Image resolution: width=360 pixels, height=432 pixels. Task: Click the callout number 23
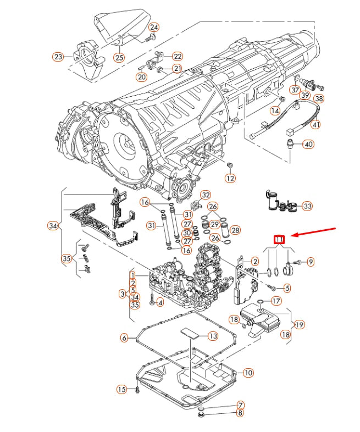[x=58, y=56]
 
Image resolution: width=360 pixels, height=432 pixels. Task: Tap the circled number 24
[x=154, y=27]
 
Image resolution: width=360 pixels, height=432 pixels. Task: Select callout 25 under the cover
[x=119, y=57]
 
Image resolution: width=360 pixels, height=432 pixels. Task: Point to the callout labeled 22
[x=177, y=56]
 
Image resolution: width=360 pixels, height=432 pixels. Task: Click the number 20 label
[x=142, y=77]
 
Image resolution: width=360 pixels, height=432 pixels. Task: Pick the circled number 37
[x=296, y=90]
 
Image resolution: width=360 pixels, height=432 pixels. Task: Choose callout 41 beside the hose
[x=315, y=125]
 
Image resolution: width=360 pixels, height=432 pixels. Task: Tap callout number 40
[x=308, y=145]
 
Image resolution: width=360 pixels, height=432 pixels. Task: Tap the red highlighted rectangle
[x=280, y=239]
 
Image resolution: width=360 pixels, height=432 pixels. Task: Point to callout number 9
[x=311, y=262]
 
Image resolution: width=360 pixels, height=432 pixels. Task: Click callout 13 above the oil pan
[x=212, y=336]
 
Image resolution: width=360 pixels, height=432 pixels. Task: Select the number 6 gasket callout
[x=124, y=337]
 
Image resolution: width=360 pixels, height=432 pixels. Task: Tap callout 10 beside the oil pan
[x=248, y=373]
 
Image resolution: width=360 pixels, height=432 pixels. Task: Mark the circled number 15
[x=122, y=389]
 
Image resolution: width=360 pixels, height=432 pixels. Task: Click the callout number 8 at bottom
[x=241, y=413]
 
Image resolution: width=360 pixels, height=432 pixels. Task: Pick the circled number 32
[x=206, y=195]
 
